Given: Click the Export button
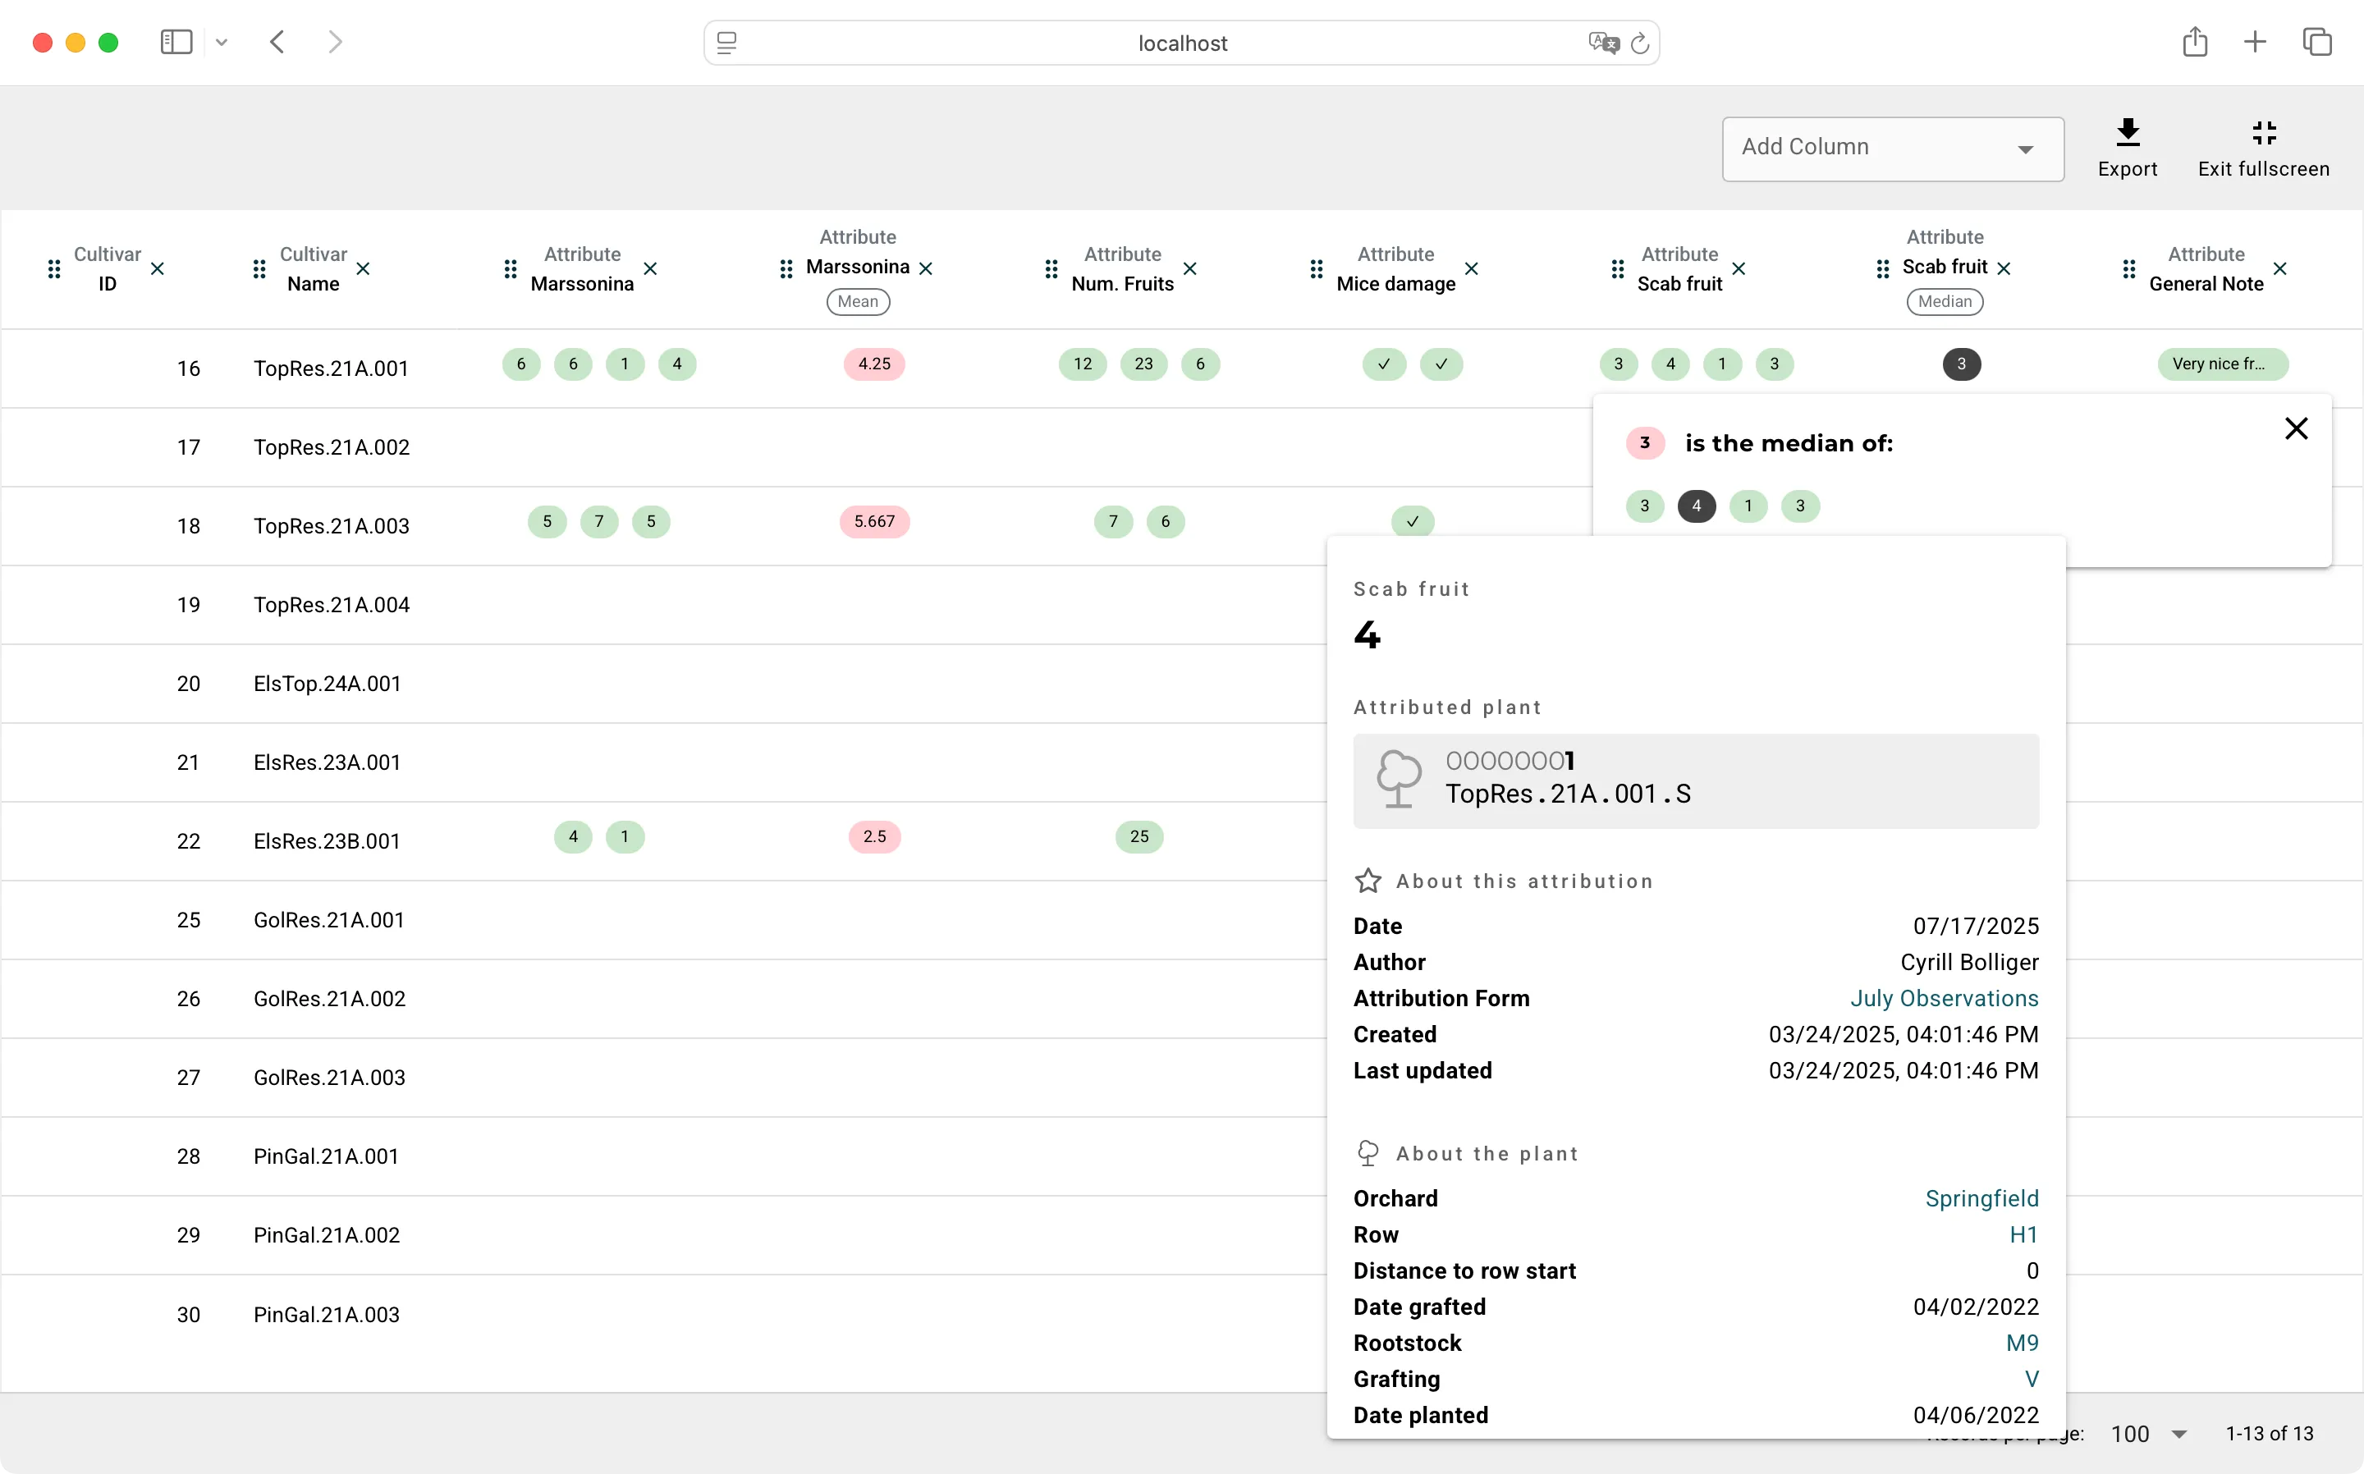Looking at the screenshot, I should tap(2127, 149).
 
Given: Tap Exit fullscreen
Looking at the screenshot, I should tap(2262, 149).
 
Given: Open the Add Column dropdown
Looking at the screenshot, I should tap(1892, 149).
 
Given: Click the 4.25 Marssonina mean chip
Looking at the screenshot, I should tap(873, 364).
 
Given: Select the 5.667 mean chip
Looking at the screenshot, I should tap(873, 521).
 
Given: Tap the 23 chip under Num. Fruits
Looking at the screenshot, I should tap(1143, 364).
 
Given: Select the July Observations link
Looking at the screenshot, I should tap(1944, 998).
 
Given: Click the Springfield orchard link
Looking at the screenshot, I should tap(1981, 1198).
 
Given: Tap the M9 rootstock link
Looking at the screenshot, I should tap(2022, 1343).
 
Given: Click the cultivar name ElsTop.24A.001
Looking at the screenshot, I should tap(328, 684).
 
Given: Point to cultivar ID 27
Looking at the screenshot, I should tap(188, 1078).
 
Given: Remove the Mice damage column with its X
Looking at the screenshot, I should tap(1471, 268).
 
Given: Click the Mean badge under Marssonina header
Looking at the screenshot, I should tap(858, 301).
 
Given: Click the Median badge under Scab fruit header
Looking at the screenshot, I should tap(1944, 301).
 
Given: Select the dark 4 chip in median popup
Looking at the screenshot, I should tap(1696, 506).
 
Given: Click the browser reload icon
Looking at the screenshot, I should tap(1640, 43).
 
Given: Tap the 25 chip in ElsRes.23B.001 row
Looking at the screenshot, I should tap(1138, 836).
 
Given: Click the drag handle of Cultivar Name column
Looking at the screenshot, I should tap(259, 268).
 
